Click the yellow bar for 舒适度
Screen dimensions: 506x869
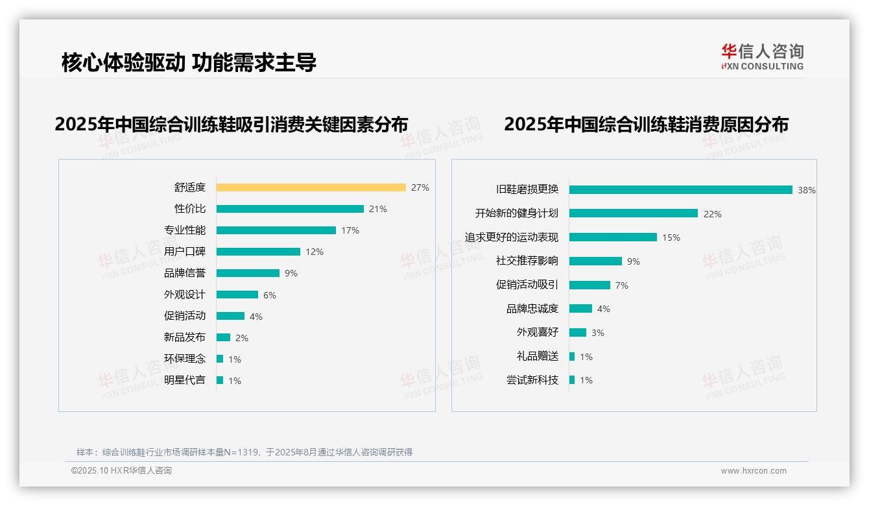(x=311, y=187)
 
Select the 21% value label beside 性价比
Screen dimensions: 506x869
(x=377, y=209)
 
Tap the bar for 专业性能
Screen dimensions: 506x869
(x=276, y=230)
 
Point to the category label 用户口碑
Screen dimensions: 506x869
(x=184, y=252)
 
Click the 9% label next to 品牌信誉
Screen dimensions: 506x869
(x=291, y=273)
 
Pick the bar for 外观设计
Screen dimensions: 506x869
(x=237, y=295)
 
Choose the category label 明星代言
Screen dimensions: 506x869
(x=184, y=380)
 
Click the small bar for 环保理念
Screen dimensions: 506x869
(x=220, y=359)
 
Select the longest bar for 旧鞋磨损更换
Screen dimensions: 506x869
(x=680, y=189)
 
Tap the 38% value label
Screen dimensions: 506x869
(x=806, y=190)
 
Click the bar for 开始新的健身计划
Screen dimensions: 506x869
(x=633, y=213)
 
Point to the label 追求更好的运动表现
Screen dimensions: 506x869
(x=511, y=237)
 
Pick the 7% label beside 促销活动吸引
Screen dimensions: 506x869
(x=621, y=285)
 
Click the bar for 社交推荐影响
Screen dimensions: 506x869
(x=595, y=261)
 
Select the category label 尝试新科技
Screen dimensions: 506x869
(x=532, y=380)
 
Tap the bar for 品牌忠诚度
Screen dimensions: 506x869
(x=580, y=309)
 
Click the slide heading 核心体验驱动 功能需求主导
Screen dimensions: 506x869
(x=189, y=63)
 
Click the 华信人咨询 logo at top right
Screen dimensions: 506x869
(x=762, y=57)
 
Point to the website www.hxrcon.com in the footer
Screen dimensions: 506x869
(x=753, y=471)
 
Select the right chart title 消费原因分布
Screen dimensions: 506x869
(x=646, y=124)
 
